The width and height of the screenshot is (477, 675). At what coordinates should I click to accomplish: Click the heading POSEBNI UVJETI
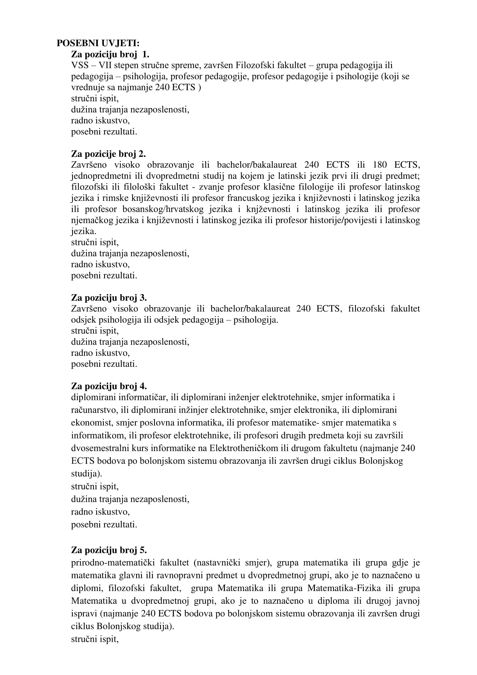pyautogui.click(x=98, y=43)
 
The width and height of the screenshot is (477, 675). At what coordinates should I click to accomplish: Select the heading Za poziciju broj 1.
pyautogui.click(x=110, y=54)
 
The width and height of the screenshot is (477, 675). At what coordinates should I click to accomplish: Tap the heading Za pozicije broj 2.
pyautogui.click(x=108, y=154)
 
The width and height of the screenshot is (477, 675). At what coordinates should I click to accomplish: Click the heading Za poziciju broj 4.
pyautogui.click(x=109, y=386)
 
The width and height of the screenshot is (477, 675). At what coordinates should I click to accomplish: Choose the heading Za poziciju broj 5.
pyautogui.click(x=109, y=550)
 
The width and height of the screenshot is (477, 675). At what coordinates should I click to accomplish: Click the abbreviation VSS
pyautogui.click(x=80, y=65)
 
